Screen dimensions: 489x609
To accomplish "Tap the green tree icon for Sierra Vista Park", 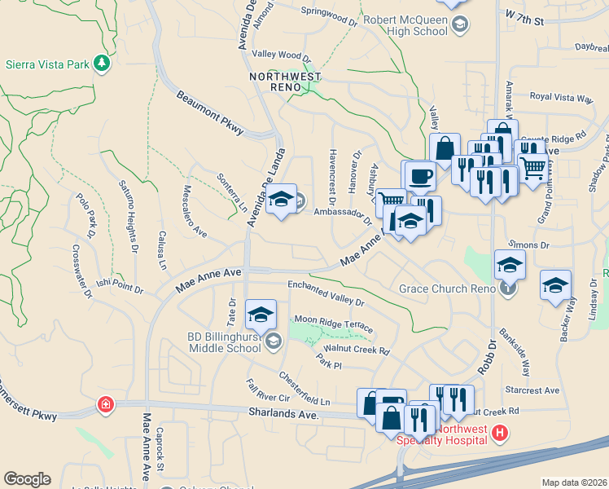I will coord(102,63).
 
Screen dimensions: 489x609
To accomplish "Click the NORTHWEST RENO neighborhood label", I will coord(285,77).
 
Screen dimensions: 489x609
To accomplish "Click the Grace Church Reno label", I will coord(448,289).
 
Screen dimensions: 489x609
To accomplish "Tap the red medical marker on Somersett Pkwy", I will coord(105,404).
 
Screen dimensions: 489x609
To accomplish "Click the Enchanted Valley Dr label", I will coord(326,291).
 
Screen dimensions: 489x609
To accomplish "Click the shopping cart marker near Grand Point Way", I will coord(533,169).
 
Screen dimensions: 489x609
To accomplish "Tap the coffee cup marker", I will coord(420,175).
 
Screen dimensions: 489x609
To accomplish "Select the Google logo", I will coord(27,479).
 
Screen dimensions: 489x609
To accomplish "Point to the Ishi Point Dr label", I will coord(120,287).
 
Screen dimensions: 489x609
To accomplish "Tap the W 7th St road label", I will coord(524,17).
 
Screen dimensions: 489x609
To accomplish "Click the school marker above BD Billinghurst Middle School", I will coord(261,314).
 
